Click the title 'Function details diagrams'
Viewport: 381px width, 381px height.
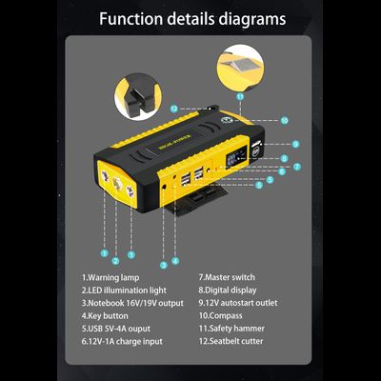click(190, 19)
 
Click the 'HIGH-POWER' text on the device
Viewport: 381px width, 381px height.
click(181, 139)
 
